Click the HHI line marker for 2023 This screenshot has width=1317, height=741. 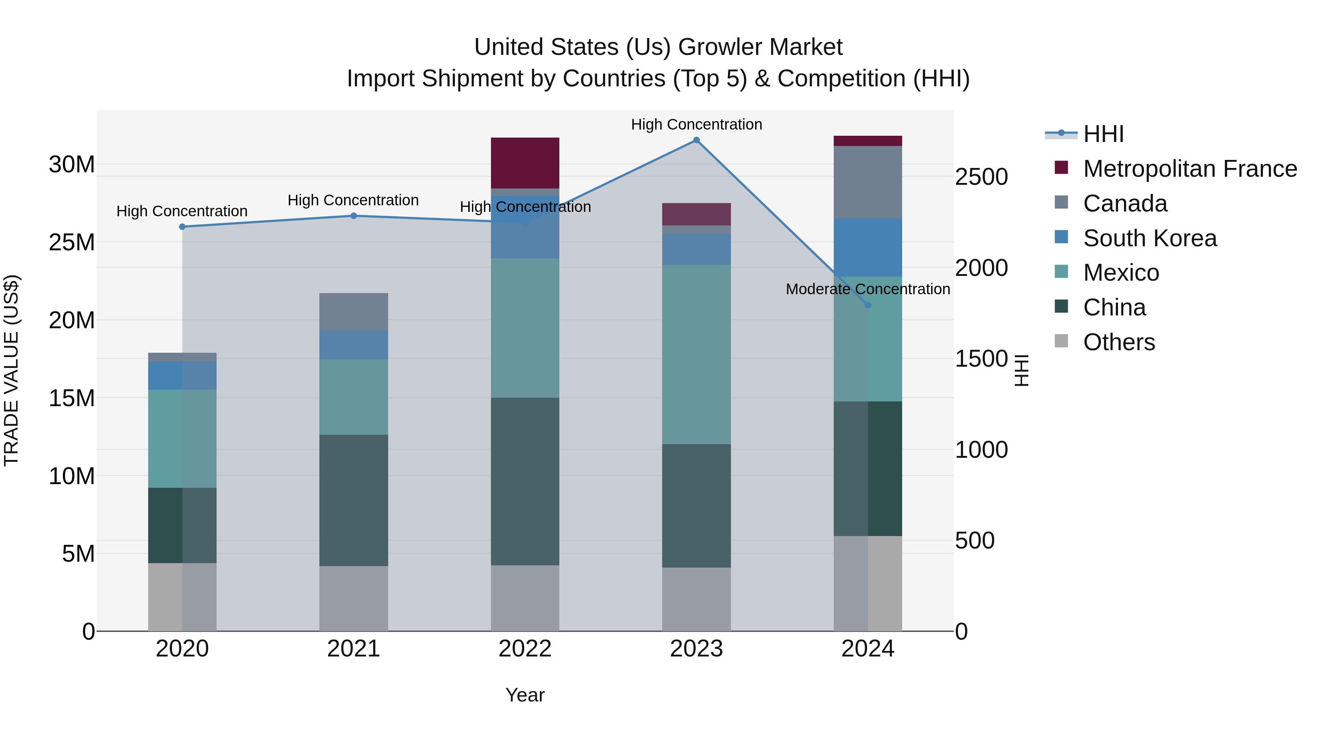click(696, 140)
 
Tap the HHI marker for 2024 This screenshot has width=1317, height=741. click(868, 305)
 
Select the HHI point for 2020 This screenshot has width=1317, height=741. click(183, 227)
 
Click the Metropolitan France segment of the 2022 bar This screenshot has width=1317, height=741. click(525, 162)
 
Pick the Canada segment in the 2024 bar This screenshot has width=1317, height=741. click(868, 182)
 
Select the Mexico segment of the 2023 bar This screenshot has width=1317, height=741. click(696, 354)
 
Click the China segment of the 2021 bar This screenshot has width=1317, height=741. click(353, 500)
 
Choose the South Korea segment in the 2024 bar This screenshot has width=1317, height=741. click(868, 247)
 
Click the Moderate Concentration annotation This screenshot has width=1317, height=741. click(868, 289)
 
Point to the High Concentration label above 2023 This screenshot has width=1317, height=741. click(696, 124)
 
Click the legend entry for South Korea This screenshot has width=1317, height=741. click(1150, 238)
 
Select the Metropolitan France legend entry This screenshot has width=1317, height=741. click(1190, 169)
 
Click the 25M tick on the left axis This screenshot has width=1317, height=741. click(72, 242)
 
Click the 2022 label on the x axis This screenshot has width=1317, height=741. click(525, 649)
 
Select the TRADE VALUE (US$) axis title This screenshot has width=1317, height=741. click(11, 370)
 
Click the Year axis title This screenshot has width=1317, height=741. click(525, 695)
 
